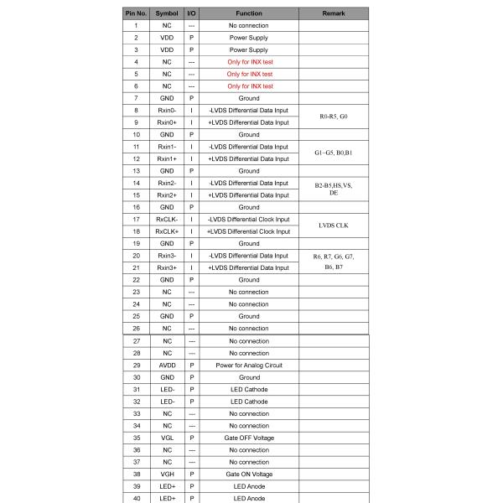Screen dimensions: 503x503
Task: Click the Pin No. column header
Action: pyautogui.click(x=135, y=13)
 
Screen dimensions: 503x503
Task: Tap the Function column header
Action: pyautogui.click(x=249, y=13)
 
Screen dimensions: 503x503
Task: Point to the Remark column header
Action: pyautogui.click(x=334, y=13)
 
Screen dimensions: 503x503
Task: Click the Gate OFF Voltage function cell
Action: pyautogui.click(x=249, y=438)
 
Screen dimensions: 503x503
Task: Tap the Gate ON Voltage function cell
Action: pyautogui.click(x=249, y=474)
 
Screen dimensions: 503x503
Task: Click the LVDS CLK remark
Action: pyautogui.click(x=334, y=226)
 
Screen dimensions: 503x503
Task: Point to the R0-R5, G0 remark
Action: pyautogui.click(x=334, y=116)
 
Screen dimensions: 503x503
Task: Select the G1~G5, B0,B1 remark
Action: pyautogui.click(x=334, y=153)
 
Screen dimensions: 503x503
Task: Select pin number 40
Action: pyautogui.click(x=135, y=498)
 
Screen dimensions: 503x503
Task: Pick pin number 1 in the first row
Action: pyautogui.click(x=135, y=26)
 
